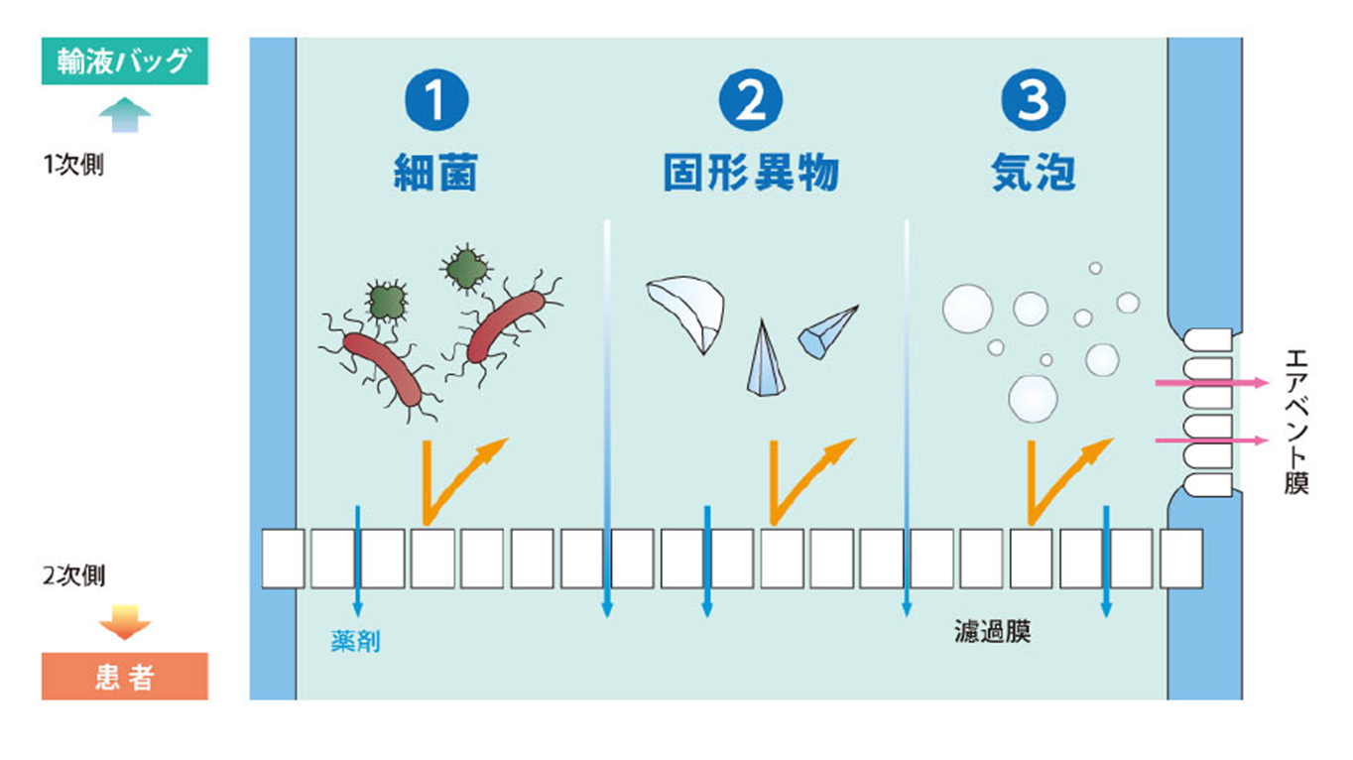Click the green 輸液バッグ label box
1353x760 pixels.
[x=124, y=62]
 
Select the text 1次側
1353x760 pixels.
[x=73, y=165]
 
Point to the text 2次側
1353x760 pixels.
[x=74, y=575]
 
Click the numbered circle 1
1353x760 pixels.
[x=435, y=100]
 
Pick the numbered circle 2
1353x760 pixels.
[x=751, y=100]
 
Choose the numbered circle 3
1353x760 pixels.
[x=1033, y=100]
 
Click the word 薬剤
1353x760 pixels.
[x=355, y=642]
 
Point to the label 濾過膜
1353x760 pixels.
[x=992, y=632]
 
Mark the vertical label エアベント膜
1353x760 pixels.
[x=1294, y=421]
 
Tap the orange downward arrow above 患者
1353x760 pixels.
[x=125, y=621]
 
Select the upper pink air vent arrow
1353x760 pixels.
[x=1210, y=382]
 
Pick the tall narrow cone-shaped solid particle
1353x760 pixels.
[x=762, y=358]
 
